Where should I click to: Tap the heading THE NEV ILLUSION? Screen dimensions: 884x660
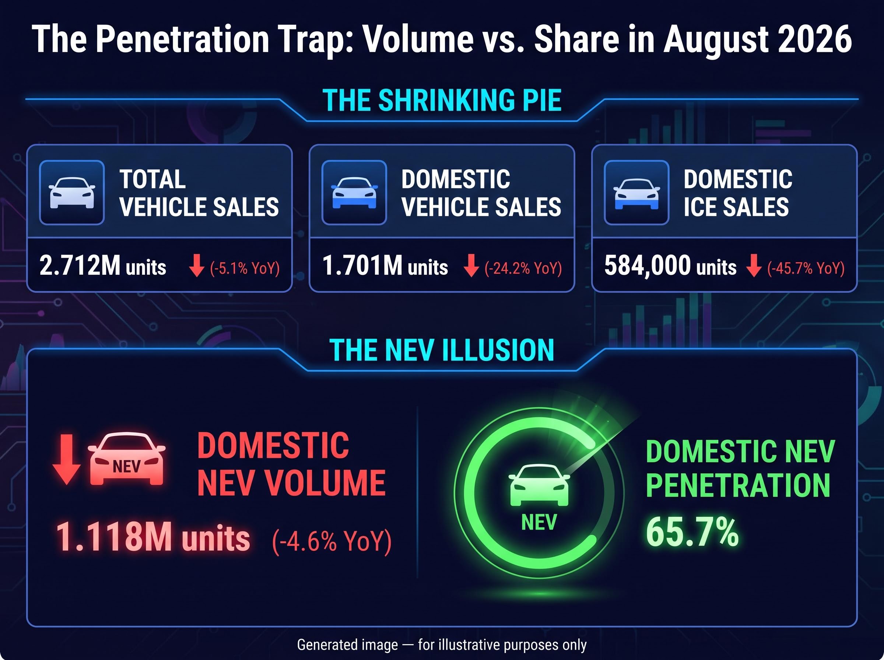442,350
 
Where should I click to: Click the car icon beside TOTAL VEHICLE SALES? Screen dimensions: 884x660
72,193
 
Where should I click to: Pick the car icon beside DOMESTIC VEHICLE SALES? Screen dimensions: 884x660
354,193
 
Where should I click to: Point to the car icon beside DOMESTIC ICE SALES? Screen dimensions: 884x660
637,194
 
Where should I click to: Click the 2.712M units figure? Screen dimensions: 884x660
103,266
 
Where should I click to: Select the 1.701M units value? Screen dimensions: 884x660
385,266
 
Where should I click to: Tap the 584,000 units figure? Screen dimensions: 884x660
670,266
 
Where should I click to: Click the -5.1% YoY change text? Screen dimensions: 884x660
245,268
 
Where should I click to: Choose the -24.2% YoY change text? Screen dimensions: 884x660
523,268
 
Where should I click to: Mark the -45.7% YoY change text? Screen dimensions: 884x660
806,268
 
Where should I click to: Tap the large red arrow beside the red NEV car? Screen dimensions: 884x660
67,459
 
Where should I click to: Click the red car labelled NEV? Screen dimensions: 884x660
127,459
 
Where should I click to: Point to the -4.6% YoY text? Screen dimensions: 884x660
331,541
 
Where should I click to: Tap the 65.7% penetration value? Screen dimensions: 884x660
692,532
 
